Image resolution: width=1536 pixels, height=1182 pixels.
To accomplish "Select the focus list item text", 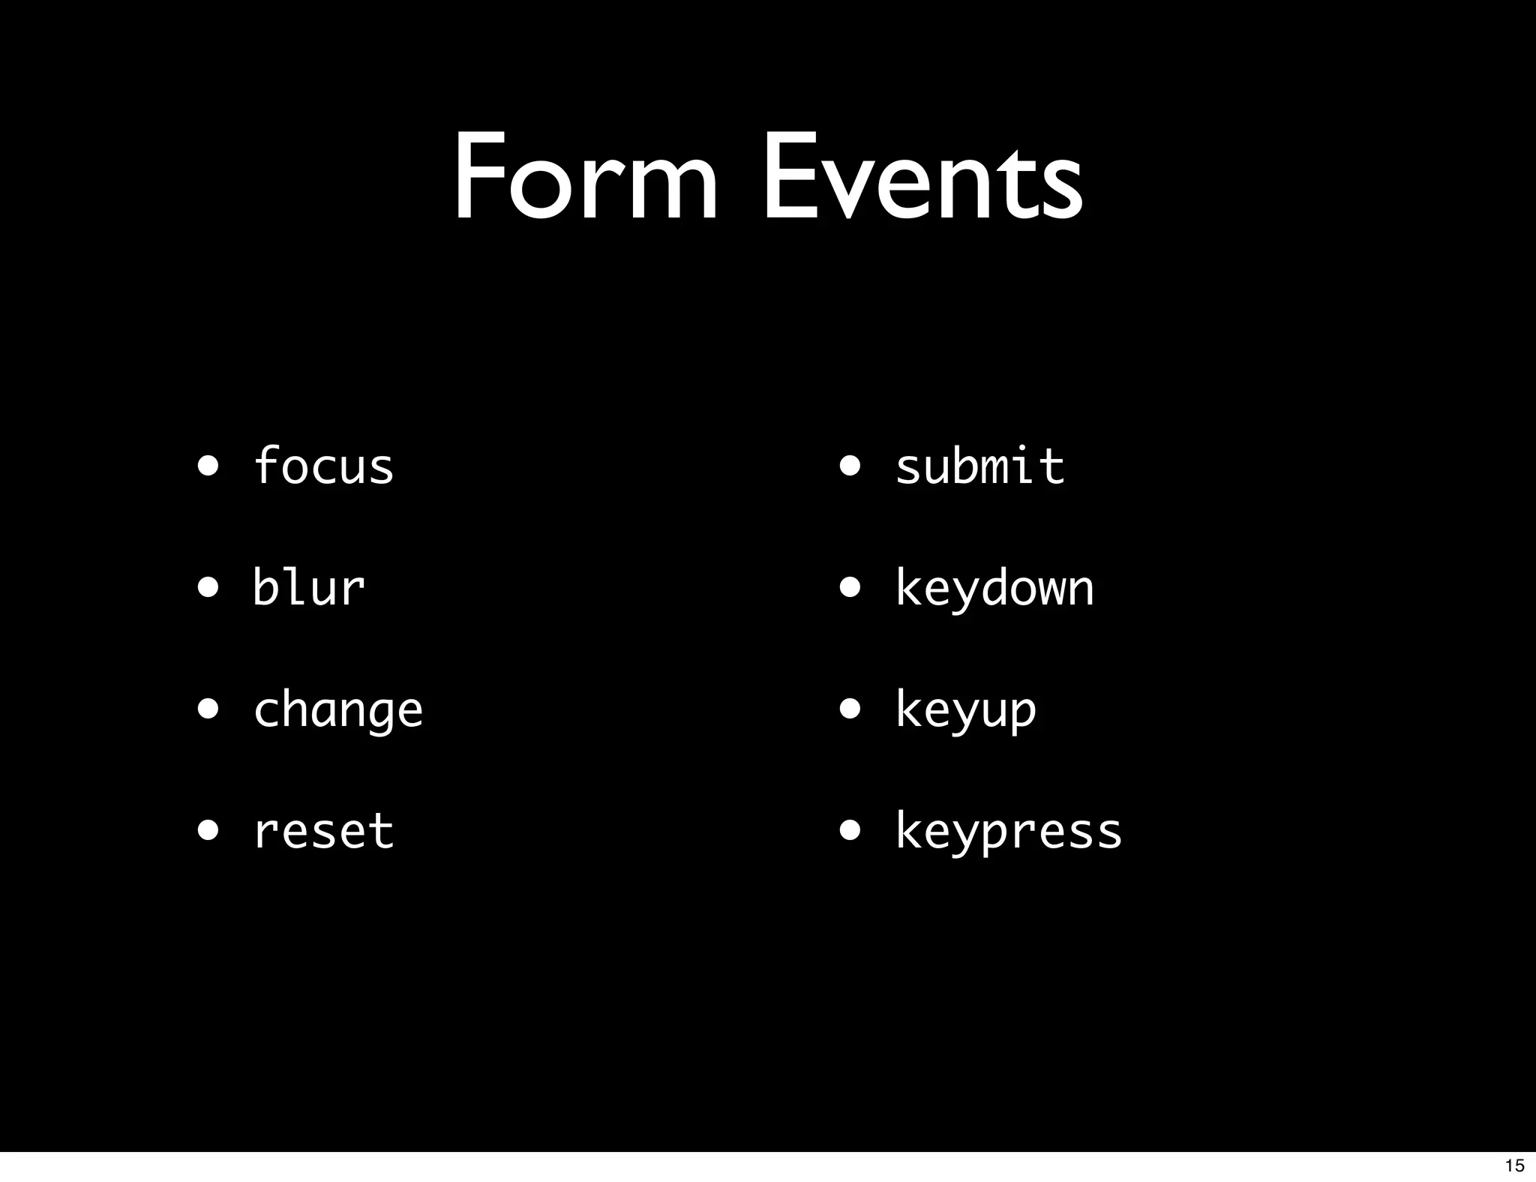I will click(323, 466).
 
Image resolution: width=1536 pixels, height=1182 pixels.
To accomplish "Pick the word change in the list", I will click(338, 710).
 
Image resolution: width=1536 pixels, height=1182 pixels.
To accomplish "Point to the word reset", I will click(323, 831).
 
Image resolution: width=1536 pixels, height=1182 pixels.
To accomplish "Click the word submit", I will click(979, 466).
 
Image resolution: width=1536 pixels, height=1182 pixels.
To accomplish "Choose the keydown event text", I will click(994, 589).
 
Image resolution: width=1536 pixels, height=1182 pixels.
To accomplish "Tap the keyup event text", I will click(966, 710).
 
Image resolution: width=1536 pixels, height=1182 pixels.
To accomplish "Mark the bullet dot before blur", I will click(208, 589).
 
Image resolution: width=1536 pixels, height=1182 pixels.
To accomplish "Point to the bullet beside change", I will click(208, 709).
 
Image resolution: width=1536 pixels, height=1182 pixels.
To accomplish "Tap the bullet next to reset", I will click(208, 831).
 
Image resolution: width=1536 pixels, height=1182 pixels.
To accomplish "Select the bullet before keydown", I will click(850, 589).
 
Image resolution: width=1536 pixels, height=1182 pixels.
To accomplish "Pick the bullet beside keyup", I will click(850, 709).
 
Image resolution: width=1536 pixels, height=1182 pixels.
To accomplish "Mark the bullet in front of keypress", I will click(850, 831).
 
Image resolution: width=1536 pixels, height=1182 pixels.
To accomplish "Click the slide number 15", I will click(1514, 1165).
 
